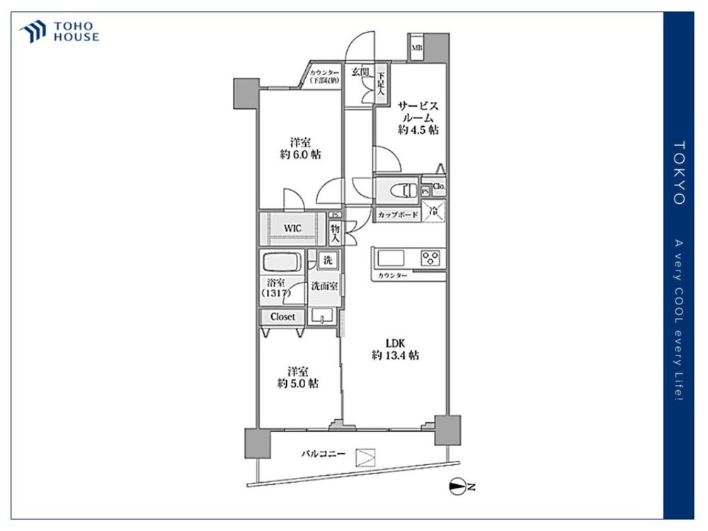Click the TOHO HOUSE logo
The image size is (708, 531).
(x=59, y=32)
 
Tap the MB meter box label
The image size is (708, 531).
(x=417, y=48)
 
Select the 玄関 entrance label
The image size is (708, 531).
(x=360, y=72)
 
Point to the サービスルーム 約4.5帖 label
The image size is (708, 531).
(x=418, y=117)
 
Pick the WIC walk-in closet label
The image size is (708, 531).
(x=294, y=229)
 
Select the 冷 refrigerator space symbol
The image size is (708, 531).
(x=436, y=210)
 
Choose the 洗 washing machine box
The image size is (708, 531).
(x=327, y=261)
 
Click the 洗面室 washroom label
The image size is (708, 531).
(x=324, y=286)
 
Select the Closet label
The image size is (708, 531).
(x=282, y=316)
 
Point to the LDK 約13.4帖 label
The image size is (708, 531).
(x=395, y=349)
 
